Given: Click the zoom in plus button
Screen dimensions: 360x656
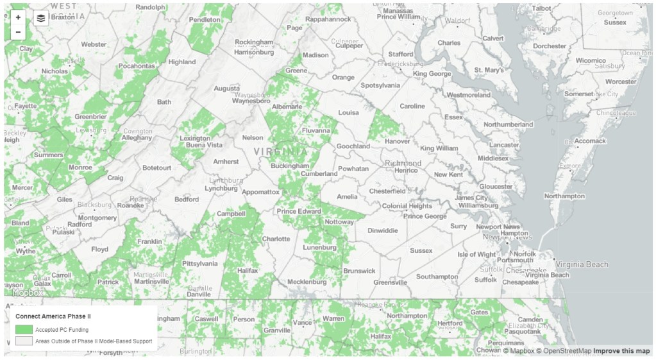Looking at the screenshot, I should point(18,17).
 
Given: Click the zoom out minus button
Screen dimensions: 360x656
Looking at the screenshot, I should point(18,32).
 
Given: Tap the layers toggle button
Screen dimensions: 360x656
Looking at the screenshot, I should point(41,18).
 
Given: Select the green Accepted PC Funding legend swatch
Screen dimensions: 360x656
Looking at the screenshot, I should point(24,329).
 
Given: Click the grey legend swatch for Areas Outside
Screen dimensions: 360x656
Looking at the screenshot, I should point(24,341).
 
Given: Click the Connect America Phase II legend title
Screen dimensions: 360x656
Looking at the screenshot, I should point(53,316).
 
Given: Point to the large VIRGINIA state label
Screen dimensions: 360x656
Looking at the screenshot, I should point(280,151).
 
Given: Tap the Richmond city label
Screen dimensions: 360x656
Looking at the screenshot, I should point(403,163).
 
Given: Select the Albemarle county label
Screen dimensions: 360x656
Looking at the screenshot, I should point(287,107).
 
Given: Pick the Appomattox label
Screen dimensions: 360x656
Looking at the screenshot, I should point(260,192).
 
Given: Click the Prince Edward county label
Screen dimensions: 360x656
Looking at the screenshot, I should point(299,211).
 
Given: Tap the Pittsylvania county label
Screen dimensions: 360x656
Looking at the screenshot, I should point(199,263).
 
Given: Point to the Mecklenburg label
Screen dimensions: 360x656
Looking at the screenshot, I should point(307,282).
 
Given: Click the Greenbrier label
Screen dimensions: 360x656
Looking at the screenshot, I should point(90,117).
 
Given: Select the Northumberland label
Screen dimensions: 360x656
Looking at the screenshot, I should point(508,124).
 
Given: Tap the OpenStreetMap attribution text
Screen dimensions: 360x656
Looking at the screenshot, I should point(564,351).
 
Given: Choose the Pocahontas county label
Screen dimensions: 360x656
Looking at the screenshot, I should point(137,65).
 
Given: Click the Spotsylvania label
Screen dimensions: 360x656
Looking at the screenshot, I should point(380,85).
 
